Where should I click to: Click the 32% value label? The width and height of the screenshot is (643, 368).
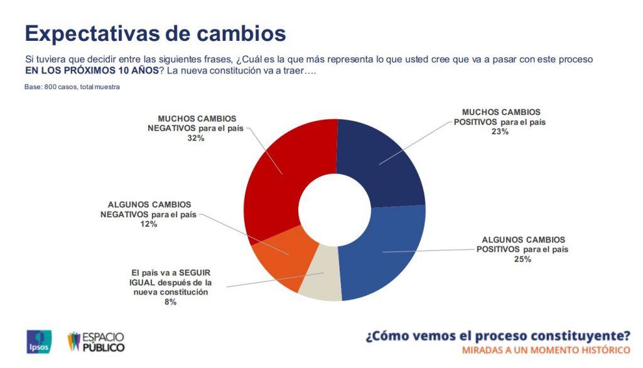(196, 138)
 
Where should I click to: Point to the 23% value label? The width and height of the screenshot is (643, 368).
(500, 132)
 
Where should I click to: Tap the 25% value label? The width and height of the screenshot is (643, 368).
(522, 259)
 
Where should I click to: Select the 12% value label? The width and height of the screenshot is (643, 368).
(148, 224)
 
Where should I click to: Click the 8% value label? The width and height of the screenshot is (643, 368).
(170, 302)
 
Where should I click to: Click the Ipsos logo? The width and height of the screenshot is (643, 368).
(39, 342)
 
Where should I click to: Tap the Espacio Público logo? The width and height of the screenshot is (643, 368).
(96, 342)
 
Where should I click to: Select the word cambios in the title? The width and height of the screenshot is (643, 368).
(240, 34)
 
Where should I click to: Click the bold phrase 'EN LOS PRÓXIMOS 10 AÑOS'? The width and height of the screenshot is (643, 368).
(92, 70)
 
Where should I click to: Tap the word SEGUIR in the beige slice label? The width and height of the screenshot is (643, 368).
(195, 273)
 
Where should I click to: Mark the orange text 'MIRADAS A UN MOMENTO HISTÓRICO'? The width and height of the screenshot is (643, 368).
(546, 350)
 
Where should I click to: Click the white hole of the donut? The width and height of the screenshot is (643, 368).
(335, 210)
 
